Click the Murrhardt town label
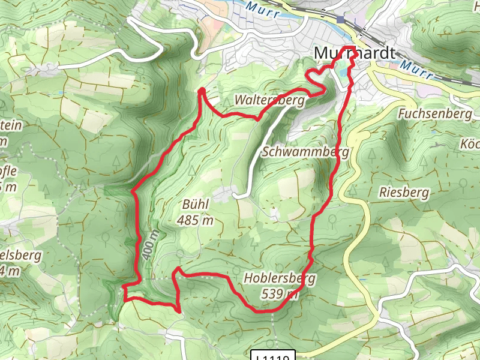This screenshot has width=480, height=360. [x=355, y=54]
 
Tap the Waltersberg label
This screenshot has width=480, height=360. [x=270, y=100]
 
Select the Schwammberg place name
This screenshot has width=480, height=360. [x=305, y=152]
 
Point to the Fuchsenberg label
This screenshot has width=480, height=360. [x=434, y=113]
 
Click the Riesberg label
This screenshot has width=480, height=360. [x=404, y=193]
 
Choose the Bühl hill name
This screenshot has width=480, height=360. [x=195, y=205]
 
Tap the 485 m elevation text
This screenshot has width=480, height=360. [x=195, y=220]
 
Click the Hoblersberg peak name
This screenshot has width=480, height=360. [x=280, y=278]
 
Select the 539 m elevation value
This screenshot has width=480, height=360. [x=280, y=293]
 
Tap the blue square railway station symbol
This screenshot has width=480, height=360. [x=341, y=20]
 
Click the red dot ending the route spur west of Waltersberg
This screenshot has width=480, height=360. [x=202, y=91]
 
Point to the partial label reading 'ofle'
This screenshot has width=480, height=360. [x=8, y=171]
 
